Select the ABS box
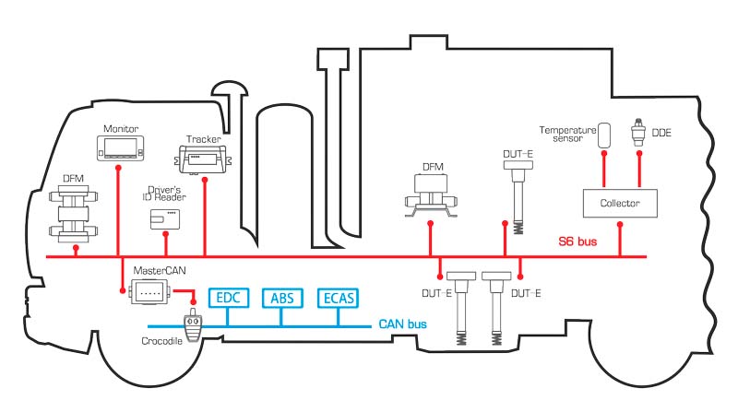280,298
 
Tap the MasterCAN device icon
149,291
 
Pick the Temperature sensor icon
604,135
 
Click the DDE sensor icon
637,133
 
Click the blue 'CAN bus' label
403,324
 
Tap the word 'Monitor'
120,128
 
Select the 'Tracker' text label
203,139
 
